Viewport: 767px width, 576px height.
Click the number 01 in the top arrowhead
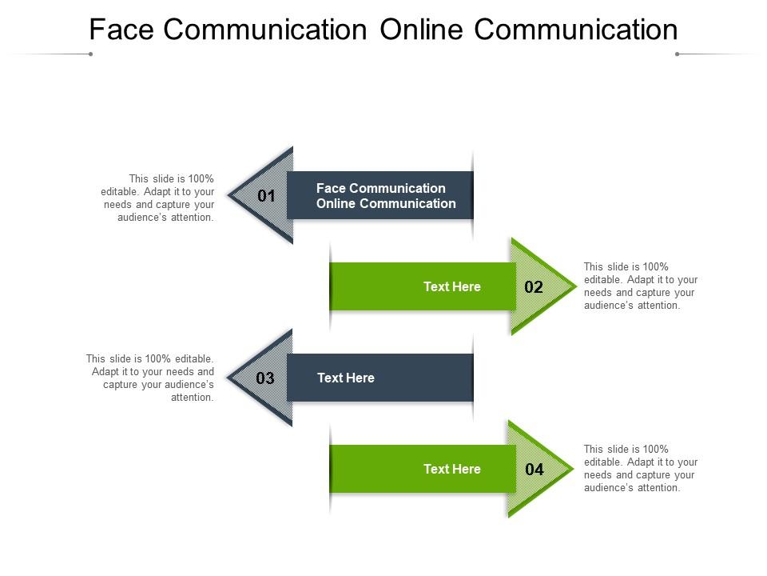coord(267,196)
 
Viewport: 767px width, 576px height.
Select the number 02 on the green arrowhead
coord(534,287)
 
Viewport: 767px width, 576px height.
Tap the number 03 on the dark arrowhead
coord(265,378)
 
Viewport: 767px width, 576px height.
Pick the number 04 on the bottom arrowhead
coord(534,470)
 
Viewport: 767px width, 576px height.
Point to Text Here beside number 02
coord(451,287)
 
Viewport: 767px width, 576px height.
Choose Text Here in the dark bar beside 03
coord(346,378)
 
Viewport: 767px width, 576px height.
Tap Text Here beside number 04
coord(451,470)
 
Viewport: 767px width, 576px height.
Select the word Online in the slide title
coord(421,30)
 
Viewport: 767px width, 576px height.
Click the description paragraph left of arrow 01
coord(159,198)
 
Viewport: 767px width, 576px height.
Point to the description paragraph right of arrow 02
coord(641,286)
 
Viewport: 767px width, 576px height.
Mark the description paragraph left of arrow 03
coord(150,378)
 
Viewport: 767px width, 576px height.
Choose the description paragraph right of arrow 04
coord(641,468)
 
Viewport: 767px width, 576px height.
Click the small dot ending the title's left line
coord(91,54)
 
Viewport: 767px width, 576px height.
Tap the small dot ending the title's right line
coord(677,54)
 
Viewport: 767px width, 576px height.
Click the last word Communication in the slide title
coord(575,30)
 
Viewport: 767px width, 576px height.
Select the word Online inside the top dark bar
coord(336,203)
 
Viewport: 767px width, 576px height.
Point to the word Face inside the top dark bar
coord(330,188)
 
